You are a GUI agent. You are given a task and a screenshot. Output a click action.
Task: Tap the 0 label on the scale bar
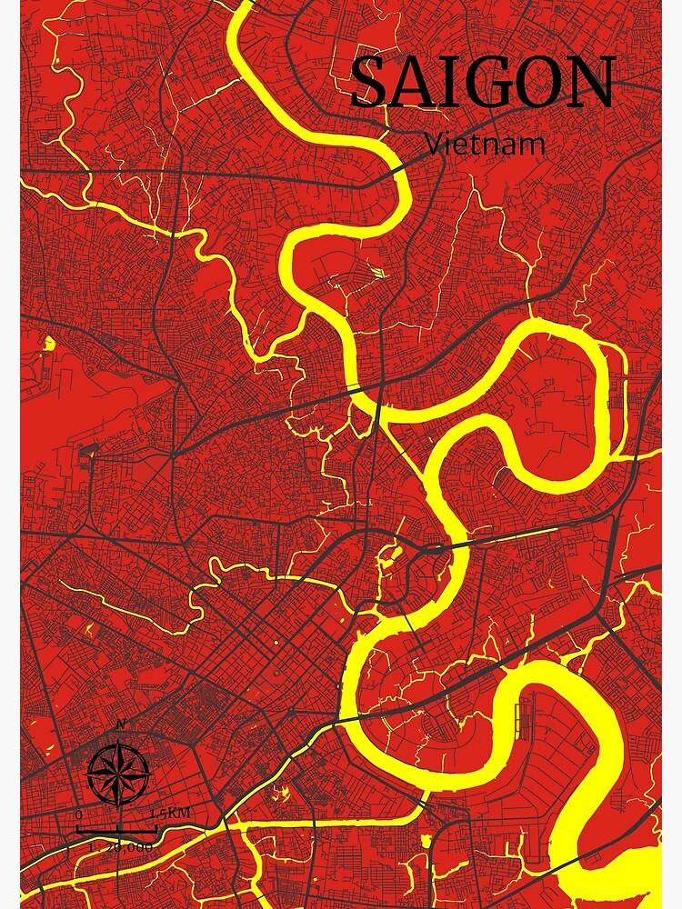[79, 814]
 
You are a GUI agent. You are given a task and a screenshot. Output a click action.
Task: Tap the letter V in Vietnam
[434, 143]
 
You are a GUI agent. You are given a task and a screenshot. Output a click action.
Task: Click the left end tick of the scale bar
[76, 830]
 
